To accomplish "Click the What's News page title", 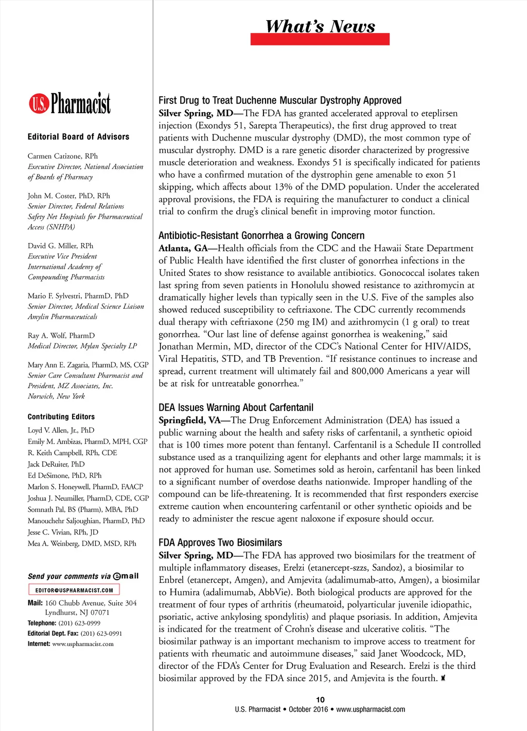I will (320, 26).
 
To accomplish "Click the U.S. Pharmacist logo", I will (69, 103).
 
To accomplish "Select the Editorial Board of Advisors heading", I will (78, 137).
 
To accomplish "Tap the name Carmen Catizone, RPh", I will (63, 156).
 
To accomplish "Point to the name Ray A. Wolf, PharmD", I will (61, 336).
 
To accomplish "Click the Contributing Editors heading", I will (61, 417).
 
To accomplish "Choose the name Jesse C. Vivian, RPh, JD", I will (63, 532).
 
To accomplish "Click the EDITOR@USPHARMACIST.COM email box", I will (74, 590).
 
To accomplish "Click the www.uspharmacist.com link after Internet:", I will (83, 644).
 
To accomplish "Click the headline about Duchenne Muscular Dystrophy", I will (280, 100).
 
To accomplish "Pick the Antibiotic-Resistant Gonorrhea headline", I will (261, 236).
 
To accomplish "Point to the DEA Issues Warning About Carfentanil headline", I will (236, 408).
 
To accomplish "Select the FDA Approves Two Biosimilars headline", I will (220, 543).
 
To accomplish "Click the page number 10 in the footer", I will (320, 700).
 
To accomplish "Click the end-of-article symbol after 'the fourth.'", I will (443, 678).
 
